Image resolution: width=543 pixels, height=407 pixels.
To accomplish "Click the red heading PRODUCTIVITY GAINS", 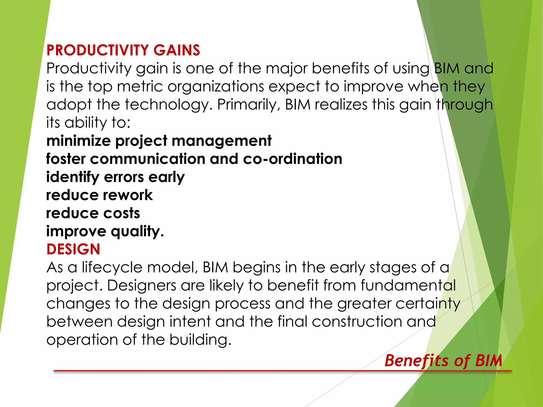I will pos(123,50).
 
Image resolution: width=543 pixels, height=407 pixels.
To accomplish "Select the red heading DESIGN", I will pos(73,249).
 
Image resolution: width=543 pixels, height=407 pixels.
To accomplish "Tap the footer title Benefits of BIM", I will pos(443,361).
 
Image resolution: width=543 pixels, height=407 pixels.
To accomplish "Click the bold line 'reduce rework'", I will pos(99,195).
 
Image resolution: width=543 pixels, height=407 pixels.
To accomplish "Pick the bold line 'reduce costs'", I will pos(93,213).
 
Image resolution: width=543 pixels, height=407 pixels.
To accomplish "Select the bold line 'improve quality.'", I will pos(105,231).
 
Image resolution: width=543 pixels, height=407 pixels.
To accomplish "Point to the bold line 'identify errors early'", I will pos(115,177).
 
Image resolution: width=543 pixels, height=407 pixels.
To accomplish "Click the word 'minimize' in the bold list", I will pos(78,141).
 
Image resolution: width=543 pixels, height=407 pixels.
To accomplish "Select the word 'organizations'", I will pos(216,86).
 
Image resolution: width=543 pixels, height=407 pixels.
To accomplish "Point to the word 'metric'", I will pos(140,86).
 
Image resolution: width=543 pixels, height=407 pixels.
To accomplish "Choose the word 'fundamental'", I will pos(408,286).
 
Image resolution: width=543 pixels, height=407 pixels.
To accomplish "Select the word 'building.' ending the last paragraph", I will pos(200,340).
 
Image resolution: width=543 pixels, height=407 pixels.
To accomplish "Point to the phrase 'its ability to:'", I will pos(88,122).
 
